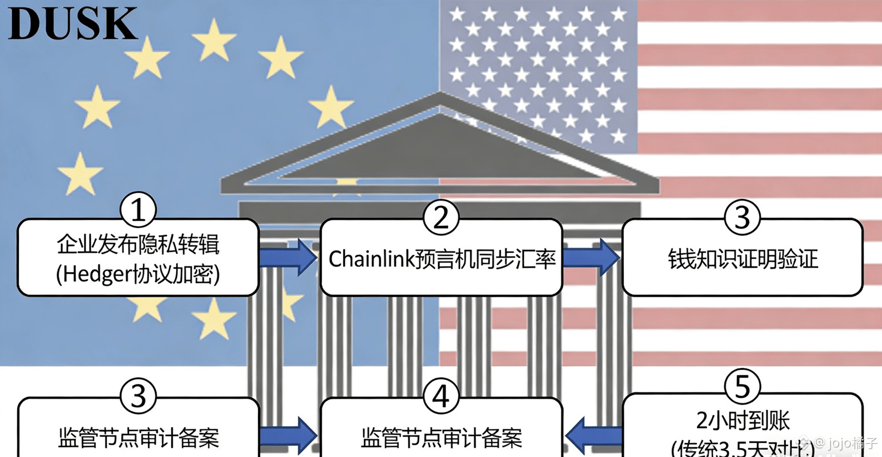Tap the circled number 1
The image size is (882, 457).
tap(138, 210)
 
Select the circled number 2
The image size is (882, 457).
tap(440, 217)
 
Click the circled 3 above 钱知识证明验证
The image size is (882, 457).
tap(742, 217)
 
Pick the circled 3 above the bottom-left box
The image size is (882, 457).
tap(138, 395)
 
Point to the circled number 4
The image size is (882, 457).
tap(440, 396)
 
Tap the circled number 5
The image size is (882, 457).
tap(742, 386)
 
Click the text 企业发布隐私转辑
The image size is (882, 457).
tap(138, 245)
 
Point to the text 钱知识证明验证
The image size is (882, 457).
tap(742, 259)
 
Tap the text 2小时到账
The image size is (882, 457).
tap(742, 421)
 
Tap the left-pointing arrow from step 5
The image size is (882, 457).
tap(592, 434)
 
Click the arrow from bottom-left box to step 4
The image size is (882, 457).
tap(288, 434)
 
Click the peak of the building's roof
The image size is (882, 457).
tap(439, 95)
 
